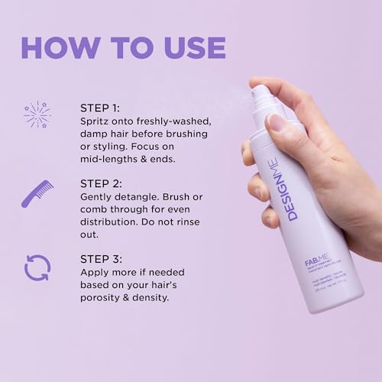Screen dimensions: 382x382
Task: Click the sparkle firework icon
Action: pyautogui.click(x=36, y=114)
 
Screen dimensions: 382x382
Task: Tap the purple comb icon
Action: pyautogui.click(x=37, y=193)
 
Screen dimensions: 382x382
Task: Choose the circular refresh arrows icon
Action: pyautogui.click(x=37, y=267)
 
